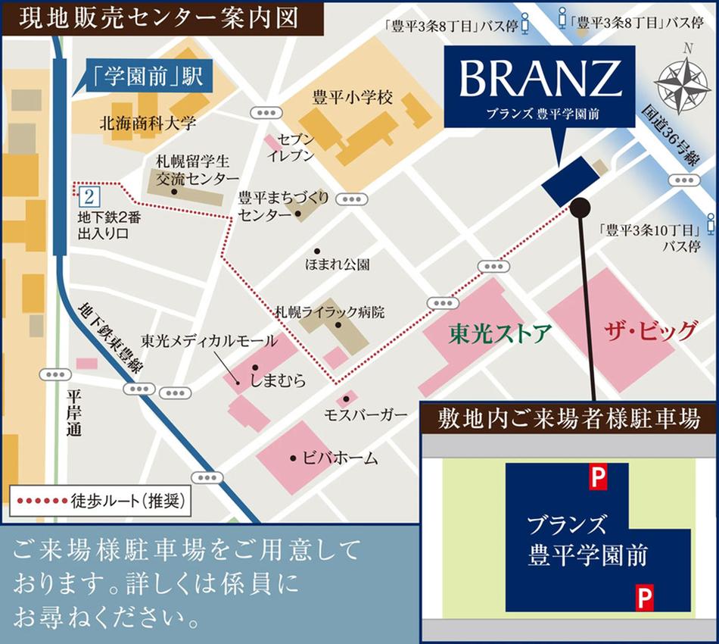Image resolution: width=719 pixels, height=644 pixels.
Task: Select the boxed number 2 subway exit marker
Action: (89, 198)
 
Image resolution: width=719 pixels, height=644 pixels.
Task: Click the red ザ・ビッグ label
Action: (650, 330)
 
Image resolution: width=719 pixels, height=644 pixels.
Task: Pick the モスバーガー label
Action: (360, 415)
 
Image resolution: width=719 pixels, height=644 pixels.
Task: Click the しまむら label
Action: (279, 381)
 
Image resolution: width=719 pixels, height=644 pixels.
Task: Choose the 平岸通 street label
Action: (73, 413)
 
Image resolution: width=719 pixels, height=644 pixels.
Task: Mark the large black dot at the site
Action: (580, 206)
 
